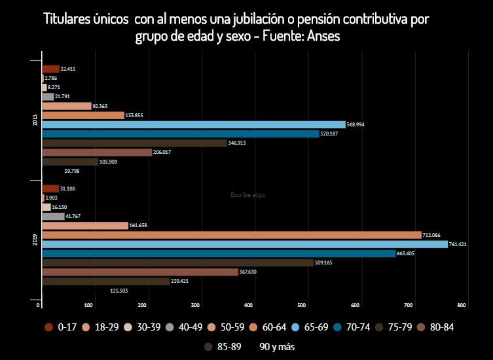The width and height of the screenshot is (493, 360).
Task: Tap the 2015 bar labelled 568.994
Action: point(193,124)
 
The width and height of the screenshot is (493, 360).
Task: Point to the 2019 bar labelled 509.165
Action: point(177,262)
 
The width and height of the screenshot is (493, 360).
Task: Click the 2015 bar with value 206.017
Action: point(97,153)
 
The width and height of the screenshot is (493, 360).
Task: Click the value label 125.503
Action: point(119,291)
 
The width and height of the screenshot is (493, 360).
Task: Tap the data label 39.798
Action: point(72,171)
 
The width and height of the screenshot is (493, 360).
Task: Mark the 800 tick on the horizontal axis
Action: point(462,306)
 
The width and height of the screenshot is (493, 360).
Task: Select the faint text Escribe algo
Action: point(247,195)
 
